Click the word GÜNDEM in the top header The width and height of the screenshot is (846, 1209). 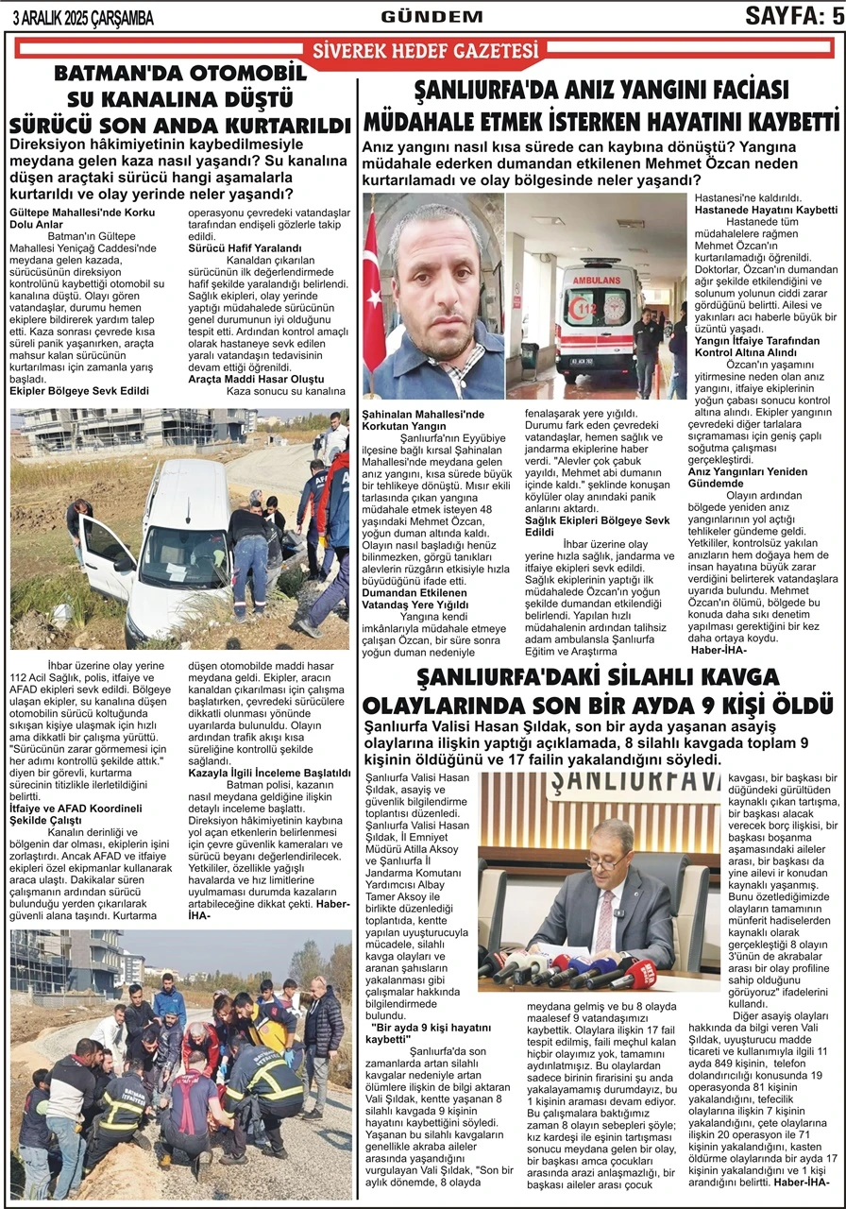pos(418,16)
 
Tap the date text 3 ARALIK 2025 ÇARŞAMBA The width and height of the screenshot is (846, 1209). pos(82,18)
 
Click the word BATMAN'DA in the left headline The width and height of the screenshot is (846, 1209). pos(110,76)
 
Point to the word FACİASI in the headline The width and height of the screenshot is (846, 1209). pos(724,91)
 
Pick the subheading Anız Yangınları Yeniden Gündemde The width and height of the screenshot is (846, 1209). pos(748,477)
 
